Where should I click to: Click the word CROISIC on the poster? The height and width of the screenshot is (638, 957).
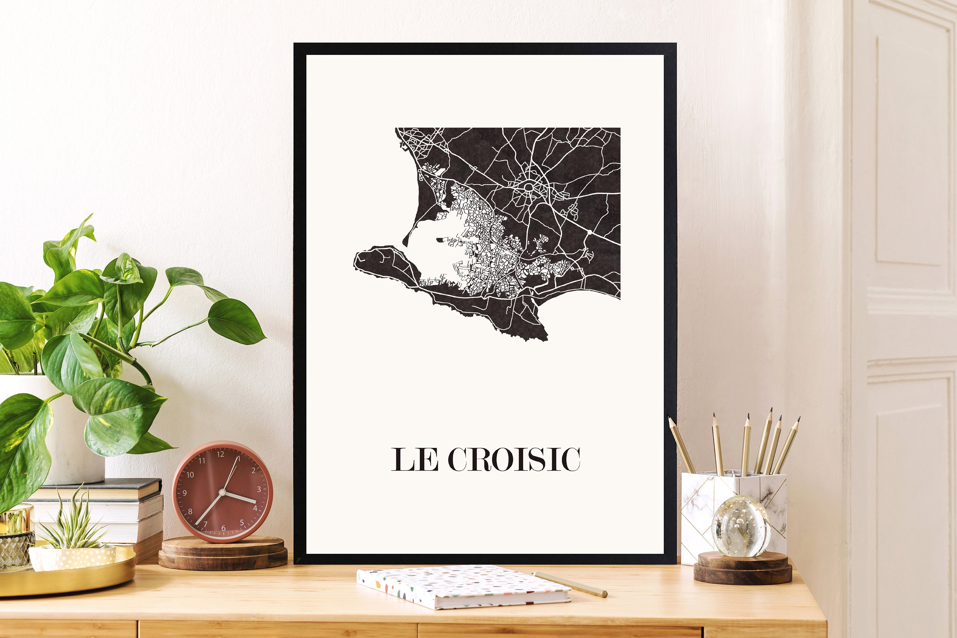pyautogui.click(x=514, y=459)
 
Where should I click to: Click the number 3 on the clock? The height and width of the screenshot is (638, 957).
pyautogui.click(x=259, y=489)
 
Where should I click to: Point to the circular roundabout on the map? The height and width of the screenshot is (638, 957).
pyautogui.click(x=529, y=187)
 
